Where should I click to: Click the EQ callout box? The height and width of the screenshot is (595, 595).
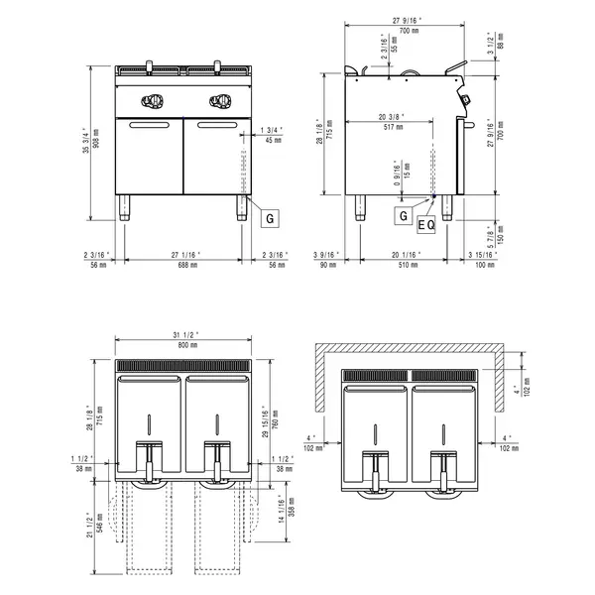click(x=426, y=225)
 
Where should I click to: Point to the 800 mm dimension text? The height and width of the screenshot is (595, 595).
click(x=185, y=345)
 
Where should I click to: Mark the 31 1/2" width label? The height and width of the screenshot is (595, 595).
click(x=185, y=334)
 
